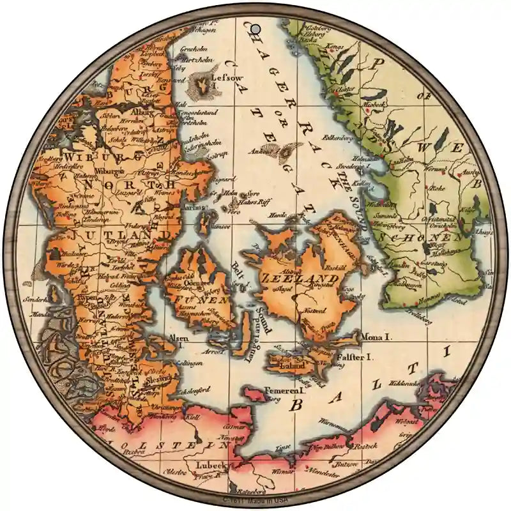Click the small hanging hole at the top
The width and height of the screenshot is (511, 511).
click(255, 29)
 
